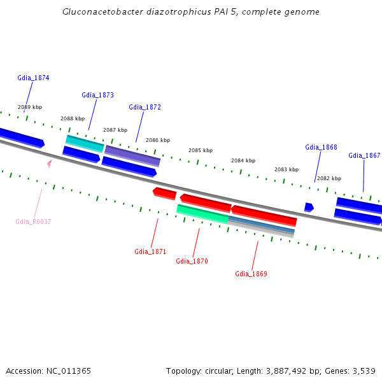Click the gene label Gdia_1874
(34, 78)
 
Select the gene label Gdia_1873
(97, 95)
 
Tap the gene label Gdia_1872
(145, 107)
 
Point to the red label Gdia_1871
(150, 251)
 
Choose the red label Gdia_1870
(192, 261)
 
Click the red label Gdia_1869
(251, 274)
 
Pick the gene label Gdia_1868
(321, 147)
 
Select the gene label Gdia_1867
(364, 155)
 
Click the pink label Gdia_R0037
(33, 222)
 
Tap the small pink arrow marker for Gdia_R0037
(49, 164)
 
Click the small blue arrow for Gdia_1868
(309, 207)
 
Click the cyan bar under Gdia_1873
(85, 143)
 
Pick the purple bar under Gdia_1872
(132, 155)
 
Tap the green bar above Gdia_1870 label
(202, 213)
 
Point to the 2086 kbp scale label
(158, 140)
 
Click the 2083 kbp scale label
(286, 169)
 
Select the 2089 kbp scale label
(30, 107)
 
